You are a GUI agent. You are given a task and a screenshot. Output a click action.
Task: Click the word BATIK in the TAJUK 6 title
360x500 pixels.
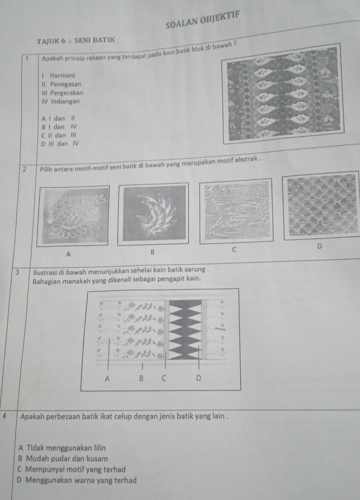click(x=104, y=40)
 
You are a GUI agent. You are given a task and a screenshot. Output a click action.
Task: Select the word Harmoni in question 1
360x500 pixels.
click(x=63, y=75)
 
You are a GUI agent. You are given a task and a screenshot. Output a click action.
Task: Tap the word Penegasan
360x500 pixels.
click(x=66, y=84)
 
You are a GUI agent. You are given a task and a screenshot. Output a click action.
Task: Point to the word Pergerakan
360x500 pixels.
click(x=67, y=93)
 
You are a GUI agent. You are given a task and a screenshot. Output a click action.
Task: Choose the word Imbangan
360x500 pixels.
click(x=65, y=101)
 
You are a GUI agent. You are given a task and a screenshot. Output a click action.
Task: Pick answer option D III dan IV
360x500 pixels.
click(x=60, y=144)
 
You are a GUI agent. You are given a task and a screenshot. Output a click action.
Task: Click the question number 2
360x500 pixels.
click(x=24, y=170)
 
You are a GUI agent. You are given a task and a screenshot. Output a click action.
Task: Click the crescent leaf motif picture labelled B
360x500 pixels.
click(x=154, y=213)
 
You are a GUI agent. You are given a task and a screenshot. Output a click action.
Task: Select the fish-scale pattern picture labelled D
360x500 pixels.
click(x=322, y=204)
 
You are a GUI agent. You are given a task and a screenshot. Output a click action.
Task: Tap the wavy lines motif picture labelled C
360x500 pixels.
click(x=237, y=210)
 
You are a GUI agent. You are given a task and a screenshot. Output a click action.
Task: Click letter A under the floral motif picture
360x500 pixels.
click(x=68, y=254)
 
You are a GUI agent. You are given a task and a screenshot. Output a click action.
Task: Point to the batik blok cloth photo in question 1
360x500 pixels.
click(x=284, y=94)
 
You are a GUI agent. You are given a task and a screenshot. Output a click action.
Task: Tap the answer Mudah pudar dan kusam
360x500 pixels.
click(x=63, y=458)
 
